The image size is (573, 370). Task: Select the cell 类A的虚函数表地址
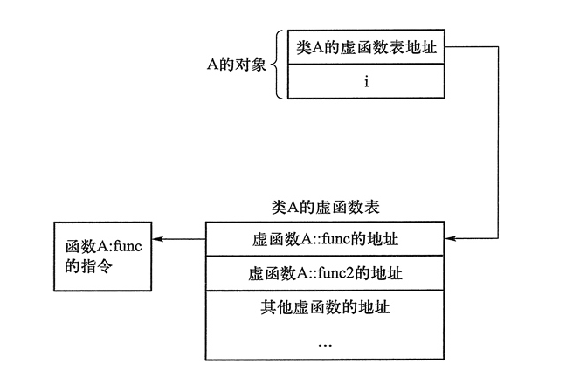[367, 49]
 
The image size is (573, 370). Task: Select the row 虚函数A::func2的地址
[325, 272]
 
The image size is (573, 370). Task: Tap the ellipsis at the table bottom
[325, 344]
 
